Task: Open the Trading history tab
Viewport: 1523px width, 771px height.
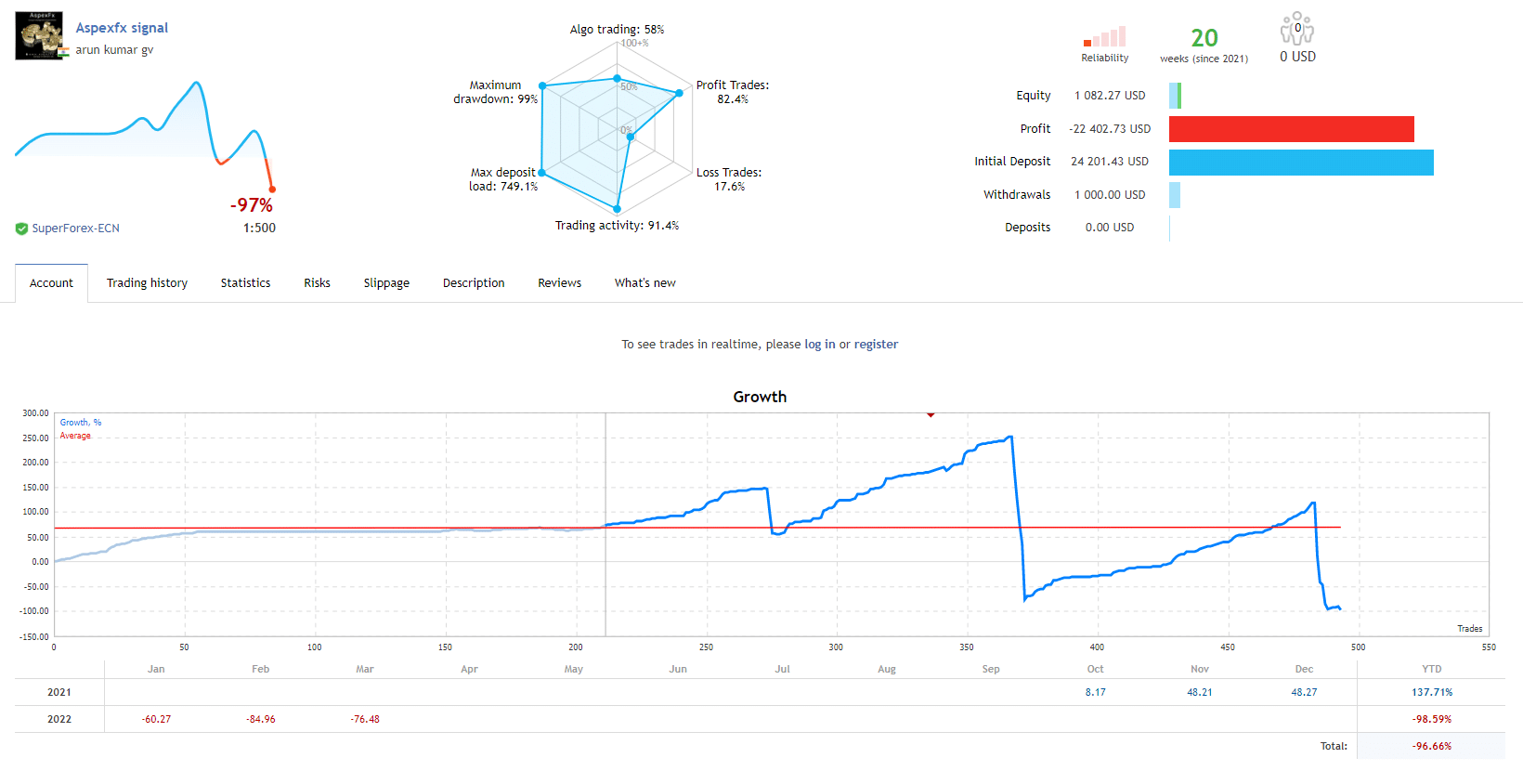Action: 147,283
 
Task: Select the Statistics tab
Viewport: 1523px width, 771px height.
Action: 245,283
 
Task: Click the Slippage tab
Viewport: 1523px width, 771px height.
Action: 386,283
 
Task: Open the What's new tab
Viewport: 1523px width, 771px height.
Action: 644,283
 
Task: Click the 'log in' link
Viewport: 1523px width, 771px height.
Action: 819,345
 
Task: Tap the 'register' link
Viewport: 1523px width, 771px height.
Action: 876,345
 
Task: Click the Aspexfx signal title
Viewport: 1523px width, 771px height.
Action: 122,28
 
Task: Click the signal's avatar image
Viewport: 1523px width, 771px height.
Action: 39,35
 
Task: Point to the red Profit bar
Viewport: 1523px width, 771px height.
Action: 1291,129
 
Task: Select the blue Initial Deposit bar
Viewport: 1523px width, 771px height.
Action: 1300,163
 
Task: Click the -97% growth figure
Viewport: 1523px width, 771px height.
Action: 252,205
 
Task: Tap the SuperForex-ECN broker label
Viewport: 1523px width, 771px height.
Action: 75,229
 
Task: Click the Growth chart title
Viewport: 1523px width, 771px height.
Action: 760,397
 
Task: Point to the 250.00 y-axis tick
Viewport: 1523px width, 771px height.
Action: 35,438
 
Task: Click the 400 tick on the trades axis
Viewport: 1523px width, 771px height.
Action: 1097,647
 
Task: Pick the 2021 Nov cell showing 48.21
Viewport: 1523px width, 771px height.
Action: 1199,692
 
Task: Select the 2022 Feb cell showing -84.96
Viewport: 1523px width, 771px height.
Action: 260,719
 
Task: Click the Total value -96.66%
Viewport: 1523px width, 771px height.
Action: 1431,746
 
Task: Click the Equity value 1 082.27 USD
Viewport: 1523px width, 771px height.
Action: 1110,96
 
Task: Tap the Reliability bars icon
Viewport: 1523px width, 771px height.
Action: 1104,37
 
